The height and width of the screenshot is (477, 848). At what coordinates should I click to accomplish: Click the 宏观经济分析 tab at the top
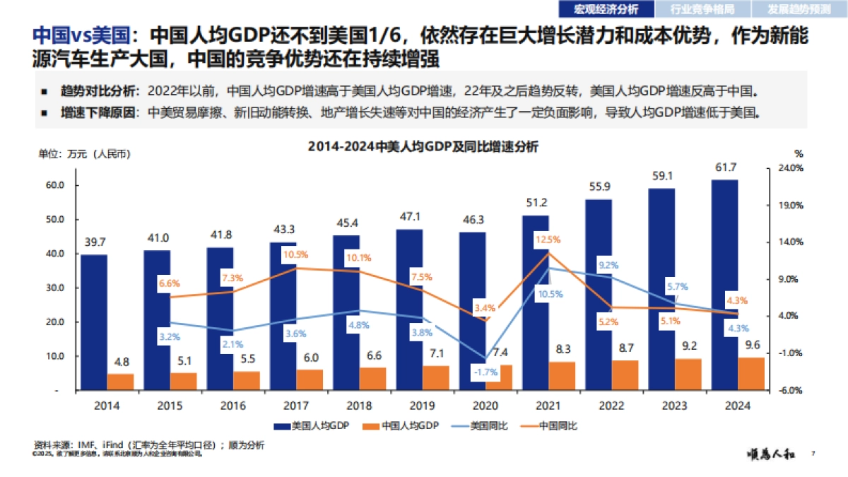[606, 9]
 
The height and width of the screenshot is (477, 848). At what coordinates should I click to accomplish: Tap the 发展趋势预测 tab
[800, 9]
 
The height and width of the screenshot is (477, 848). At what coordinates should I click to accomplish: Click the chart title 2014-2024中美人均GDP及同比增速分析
[423, 147]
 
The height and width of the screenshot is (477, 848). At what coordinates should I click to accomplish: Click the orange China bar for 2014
[120, 382]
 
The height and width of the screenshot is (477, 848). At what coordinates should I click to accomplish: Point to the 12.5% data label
[548, 239]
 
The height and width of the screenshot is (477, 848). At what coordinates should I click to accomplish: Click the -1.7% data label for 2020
[485, 372]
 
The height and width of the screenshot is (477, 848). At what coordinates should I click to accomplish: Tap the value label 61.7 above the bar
[724, 167]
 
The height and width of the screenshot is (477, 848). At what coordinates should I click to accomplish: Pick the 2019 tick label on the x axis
[422, 406]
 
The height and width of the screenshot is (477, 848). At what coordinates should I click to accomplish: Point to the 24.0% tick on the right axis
[791, 168]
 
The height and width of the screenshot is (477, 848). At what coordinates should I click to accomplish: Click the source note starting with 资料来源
[148, 445]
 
